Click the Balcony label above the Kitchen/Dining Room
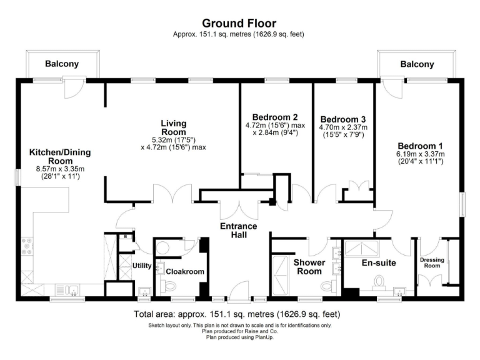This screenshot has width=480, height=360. coord(62,64)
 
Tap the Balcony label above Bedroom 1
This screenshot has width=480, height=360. coord(417,64)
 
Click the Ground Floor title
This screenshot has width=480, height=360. coord(239,24)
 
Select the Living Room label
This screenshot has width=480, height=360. coord(173,128)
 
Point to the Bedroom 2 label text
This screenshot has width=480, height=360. coord(274,117)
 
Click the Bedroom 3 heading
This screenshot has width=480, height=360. coord(342,119)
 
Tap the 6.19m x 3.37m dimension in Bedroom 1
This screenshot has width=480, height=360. coord(419,154)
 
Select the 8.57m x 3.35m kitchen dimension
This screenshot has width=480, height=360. coord(56,169)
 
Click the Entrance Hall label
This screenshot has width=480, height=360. coord(239,230)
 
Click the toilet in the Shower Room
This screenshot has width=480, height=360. coord(327,286)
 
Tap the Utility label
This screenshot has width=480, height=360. coord(142,266)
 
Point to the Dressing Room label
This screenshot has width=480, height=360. coord(432,262)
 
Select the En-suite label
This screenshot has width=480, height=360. coord(379,263)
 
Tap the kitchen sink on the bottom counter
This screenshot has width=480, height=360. coord(70,289)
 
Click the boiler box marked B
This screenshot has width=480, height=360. coord(126,237)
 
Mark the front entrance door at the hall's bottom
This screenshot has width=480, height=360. coord(239,292)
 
